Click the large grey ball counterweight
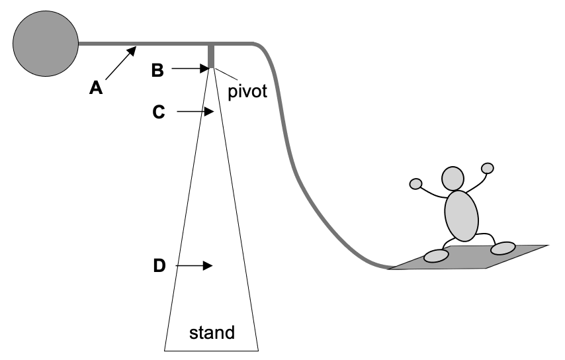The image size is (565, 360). coord(46,44)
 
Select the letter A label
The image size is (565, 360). coord(97,88)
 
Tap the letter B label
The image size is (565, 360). coord(157,70)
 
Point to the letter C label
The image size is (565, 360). coord(159,112)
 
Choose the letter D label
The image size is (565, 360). coord(159,266)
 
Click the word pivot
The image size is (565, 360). coord(247,91)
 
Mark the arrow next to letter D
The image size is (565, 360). coord(195,265)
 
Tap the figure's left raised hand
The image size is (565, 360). coord(416,183)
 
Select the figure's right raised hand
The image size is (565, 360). coord(488,168)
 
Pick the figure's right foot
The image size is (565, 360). coord(503,248)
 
